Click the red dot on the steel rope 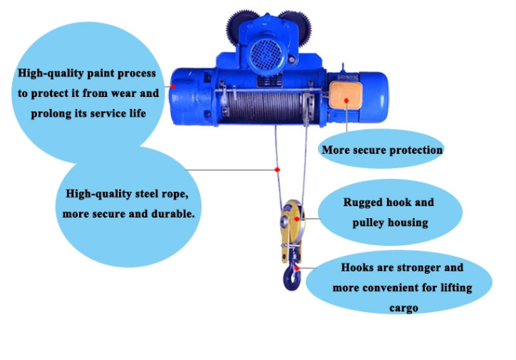277,170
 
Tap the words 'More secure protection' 382,150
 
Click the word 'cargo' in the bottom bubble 403,309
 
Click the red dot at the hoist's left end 172,87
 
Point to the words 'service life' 124,113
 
